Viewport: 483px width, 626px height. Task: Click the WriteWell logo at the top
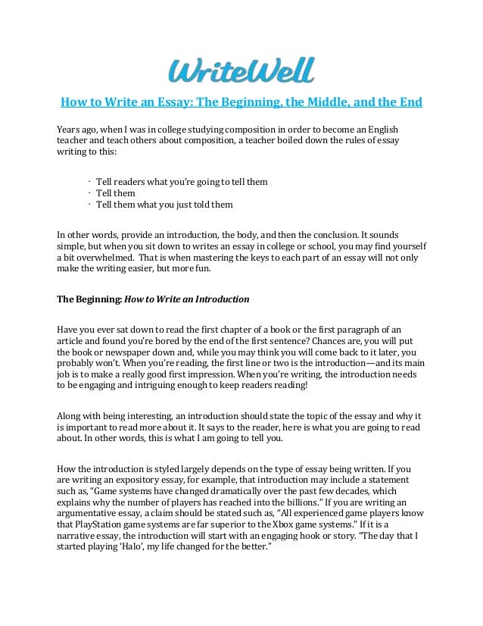[241, 70]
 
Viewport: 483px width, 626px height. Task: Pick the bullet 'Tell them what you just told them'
[164, 205]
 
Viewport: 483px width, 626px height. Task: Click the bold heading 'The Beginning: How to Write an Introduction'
[154, 299]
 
